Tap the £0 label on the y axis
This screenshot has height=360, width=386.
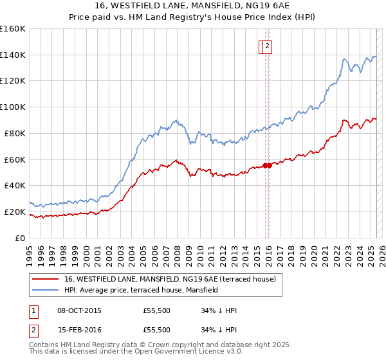click(20, 238)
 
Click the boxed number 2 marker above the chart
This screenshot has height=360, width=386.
click(267, 46)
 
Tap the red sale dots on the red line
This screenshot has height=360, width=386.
click(267, 165)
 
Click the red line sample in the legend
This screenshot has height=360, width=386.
click(45, 279)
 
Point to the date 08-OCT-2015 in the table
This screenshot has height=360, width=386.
click(79, 310)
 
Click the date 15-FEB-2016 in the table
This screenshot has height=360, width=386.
click(79, 330)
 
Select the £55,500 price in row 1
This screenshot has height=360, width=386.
click(157, 310)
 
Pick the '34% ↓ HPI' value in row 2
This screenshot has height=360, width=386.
click(219, 330)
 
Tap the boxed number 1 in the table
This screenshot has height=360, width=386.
click(33, 310)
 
